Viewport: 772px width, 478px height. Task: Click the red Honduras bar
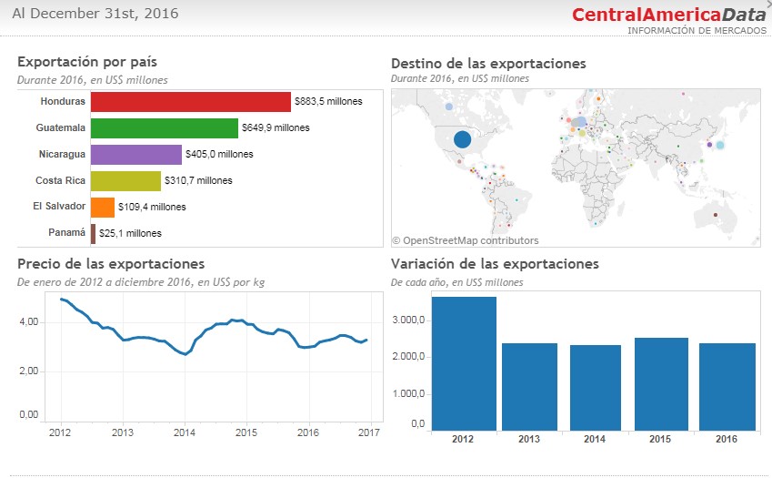tap(191, 102)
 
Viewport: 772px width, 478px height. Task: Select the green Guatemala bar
tap(165, 128)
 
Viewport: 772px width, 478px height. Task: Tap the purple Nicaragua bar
tap(136, 155)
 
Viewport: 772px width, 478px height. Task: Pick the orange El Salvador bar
tap(103, 208)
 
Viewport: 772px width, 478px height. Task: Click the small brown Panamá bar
tap(93, 234)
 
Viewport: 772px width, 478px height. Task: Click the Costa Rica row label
tap(60, 180)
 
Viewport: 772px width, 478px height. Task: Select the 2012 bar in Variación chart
tap(464, 363)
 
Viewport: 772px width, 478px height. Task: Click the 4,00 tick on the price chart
tap(28, 322)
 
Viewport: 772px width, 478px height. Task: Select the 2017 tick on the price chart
tap(370, 432)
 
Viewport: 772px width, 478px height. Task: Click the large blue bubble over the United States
tap(462, 139)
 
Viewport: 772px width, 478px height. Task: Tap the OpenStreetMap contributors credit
tap(465, 241)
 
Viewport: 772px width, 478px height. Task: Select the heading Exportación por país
tap(87, 62)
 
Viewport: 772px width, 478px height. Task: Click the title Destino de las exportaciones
tap(488, 64)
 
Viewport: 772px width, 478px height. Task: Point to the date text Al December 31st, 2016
tap(95, 14)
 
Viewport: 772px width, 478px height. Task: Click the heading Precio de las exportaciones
tap(111, 264)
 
